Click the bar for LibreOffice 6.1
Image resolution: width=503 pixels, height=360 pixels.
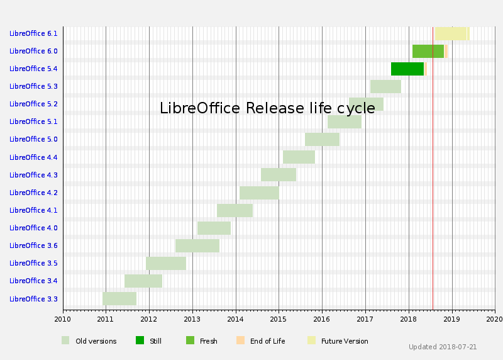[x=451, y=33]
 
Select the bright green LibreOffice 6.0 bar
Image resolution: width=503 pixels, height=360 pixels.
[x=428, y=51]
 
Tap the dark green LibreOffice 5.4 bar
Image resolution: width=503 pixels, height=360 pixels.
[x=407, y=69]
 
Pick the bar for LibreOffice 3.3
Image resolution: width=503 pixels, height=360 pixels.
[x=119, y=298]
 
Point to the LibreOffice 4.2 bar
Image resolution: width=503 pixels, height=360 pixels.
[x=259, y=193]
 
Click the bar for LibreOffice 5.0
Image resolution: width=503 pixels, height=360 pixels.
[x=322, y=139]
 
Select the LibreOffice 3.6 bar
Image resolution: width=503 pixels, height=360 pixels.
[x=197, y=245]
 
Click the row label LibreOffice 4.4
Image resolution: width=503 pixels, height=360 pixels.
[x=33, y=157]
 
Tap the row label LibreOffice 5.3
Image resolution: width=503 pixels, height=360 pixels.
[x=33, y=86]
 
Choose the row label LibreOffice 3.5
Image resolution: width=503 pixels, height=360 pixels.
[x=33, y=263]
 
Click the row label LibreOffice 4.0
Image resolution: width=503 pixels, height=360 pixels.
[x=33, y=228]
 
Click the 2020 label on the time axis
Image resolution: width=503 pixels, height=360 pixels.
[x=494, y=319]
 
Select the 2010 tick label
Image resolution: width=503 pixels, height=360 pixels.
[x=62, y=319]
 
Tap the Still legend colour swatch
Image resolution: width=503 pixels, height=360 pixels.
[x=140, y=340]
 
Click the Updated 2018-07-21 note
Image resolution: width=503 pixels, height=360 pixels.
[x=443, y=347]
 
